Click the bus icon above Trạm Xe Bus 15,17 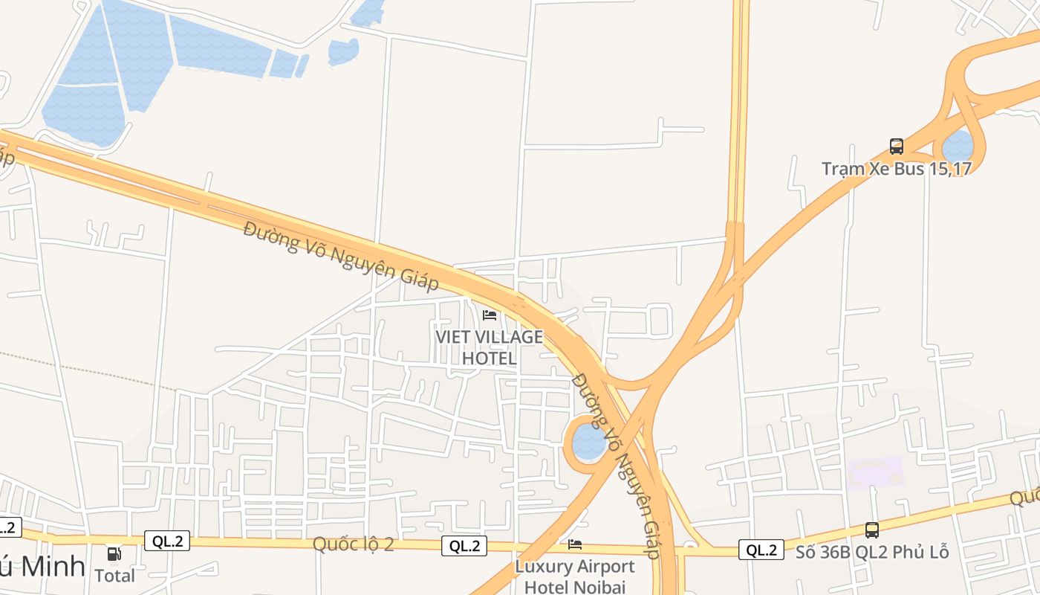pos(897,146)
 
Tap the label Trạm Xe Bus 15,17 pos(897,169)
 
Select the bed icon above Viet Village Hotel pos(490,315)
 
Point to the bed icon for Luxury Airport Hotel pos(575,544)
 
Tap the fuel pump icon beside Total pos(114,554)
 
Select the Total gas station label pos(115,576)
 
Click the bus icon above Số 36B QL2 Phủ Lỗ pos(872,530)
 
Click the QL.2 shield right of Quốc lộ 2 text pos(465,546)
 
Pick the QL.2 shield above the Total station pos(168,541)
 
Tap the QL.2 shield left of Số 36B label pos(761,550)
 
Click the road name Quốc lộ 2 pos(353,544)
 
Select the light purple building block pos(875,472)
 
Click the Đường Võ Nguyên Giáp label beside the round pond pos(617,465)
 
